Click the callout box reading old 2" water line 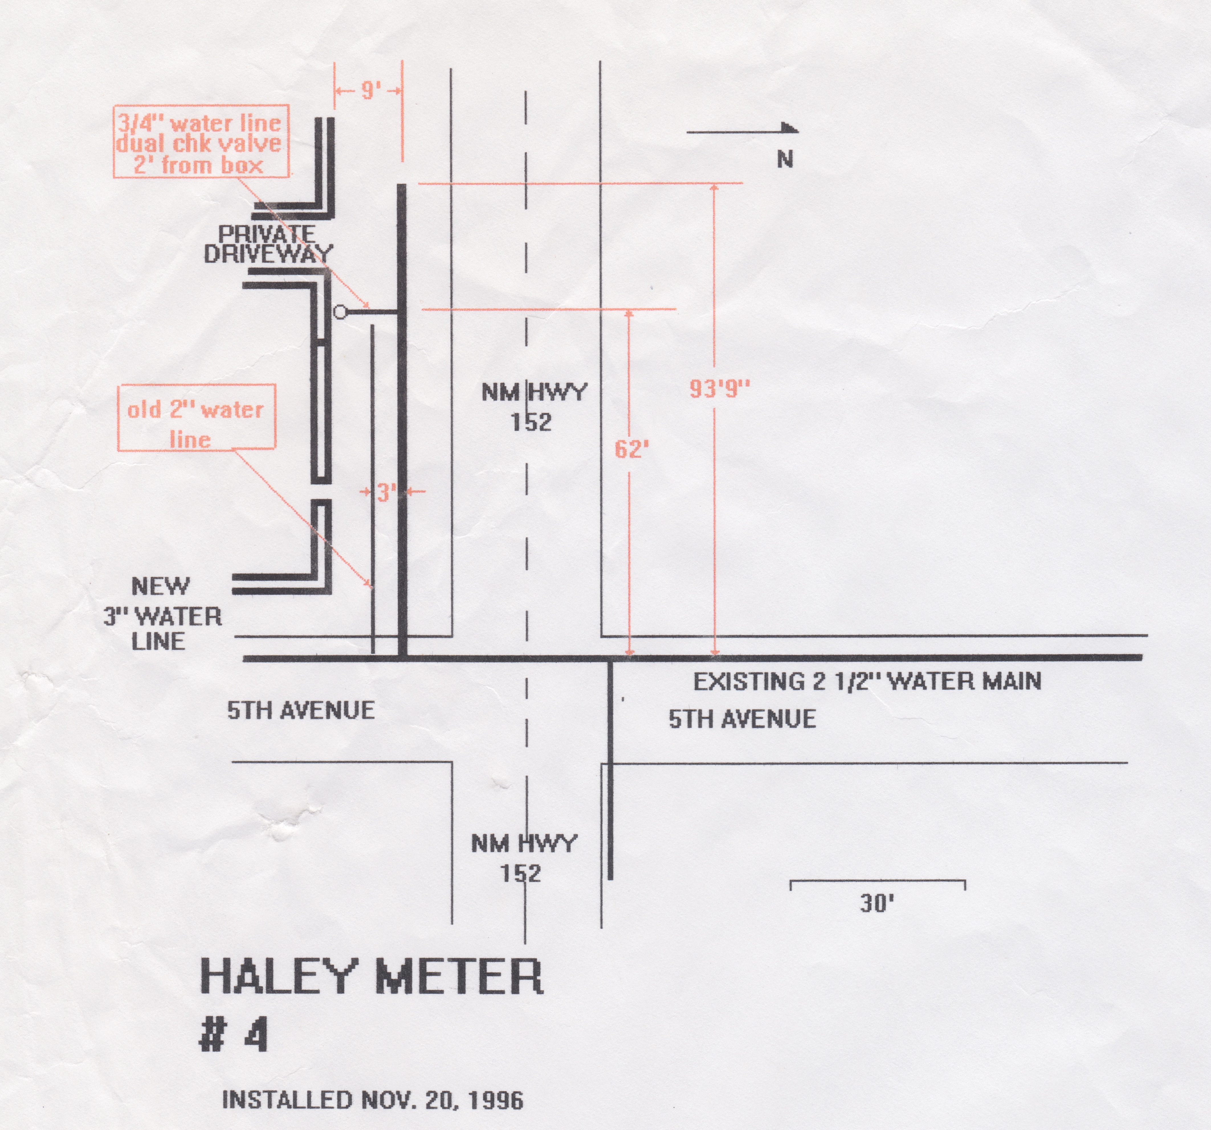point(196,418)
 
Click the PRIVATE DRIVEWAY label point(268,244)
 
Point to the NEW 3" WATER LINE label point(162,614)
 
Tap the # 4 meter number point(235,1036)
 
